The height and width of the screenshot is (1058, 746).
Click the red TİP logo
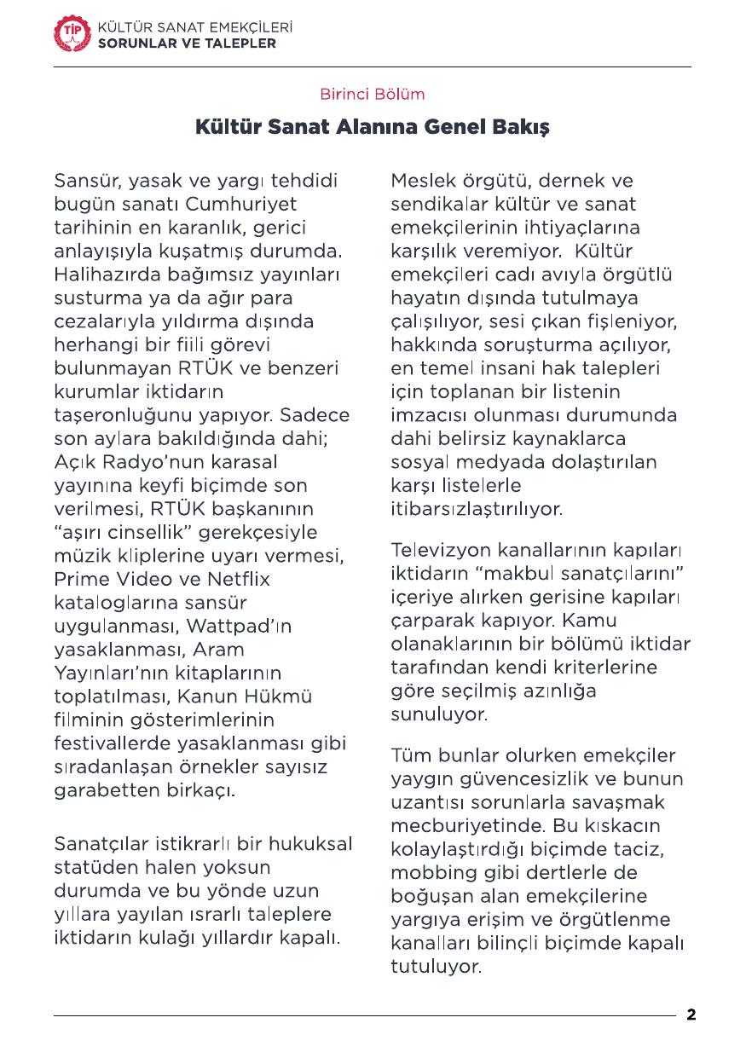coord(71,34)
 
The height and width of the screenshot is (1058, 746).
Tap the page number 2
coord(691,1015)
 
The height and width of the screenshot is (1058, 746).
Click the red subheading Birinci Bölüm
coord(372,94)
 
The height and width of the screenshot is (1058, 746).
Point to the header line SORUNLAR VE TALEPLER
coord(188,43)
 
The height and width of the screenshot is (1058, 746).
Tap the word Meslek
coord(422,182)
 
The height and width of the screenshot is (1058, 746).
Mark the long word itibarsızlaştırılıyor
coord(477,509)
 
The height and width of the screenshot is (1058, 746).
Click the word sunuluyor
coord(439,714)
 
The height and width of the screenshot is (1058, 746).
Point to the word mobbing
coord(431,873)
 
